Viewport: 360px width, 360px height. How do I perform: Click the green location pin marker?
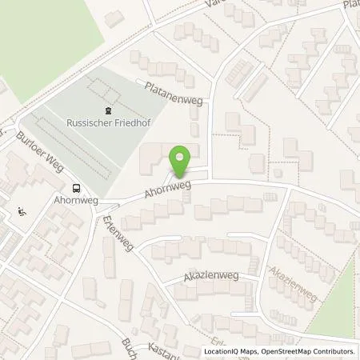[182, 162]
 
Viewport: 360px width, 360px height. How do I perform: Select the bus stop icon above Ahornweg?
[76, 189]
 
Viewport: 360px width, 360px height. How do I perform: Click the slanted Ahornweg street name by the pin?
[168, 188]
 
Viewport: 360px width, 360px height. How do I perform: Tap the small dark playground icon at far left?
[22, 213]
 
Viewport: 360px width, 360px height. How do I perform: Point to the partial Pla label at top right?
[350, 5]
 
